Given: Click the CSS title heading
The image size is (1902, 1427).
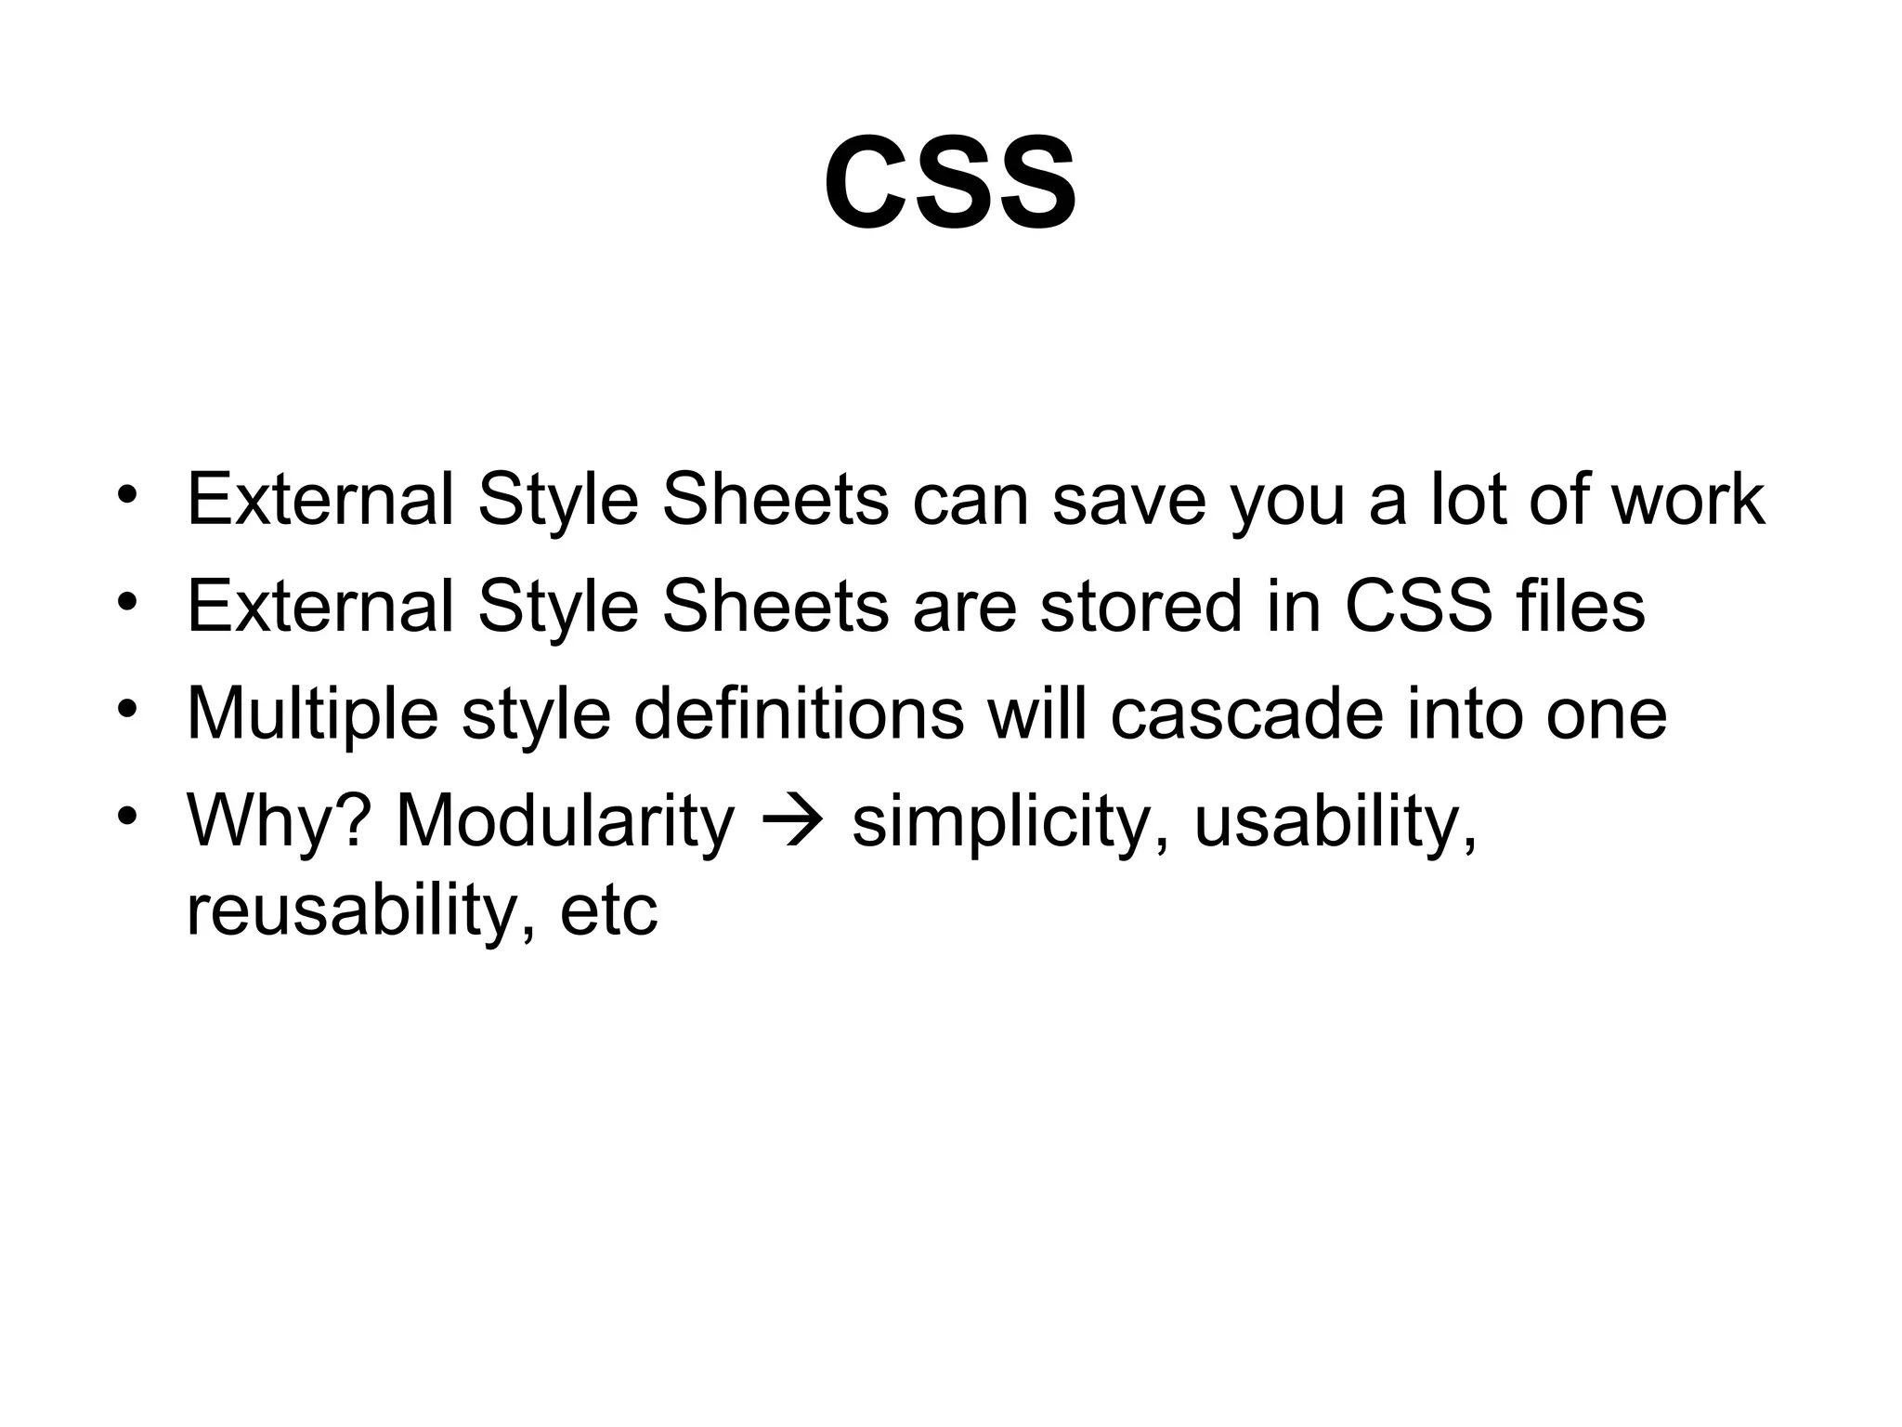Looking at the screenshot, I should tap(950, 183).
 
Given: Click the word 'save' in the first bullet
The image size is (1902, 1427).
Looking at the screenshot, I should tap(1128, 500).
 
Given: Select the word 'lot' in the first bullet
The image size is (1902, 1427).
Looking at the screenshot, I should tap(1459, 500).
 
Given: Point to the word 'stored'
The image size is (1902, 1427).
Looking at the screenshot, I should tap(1140, 607).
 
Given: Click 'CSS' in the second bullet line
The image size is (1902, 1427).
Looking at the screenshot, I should tap(1417, 607).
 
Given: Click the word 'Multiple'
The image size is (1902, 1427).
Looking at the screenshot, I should tap(312, 713).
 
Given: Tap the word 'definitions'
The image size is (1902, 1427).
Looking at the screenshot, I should tap(799, 713).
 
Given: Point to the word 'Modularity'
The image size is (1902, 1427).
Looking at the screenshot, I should tap(565, 821).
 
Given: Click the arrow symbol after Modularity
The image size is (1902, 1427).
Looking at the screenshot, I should tap(791, 821).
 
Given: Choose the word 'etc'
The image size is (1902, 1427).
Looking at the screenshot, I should tap(608, 910).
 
